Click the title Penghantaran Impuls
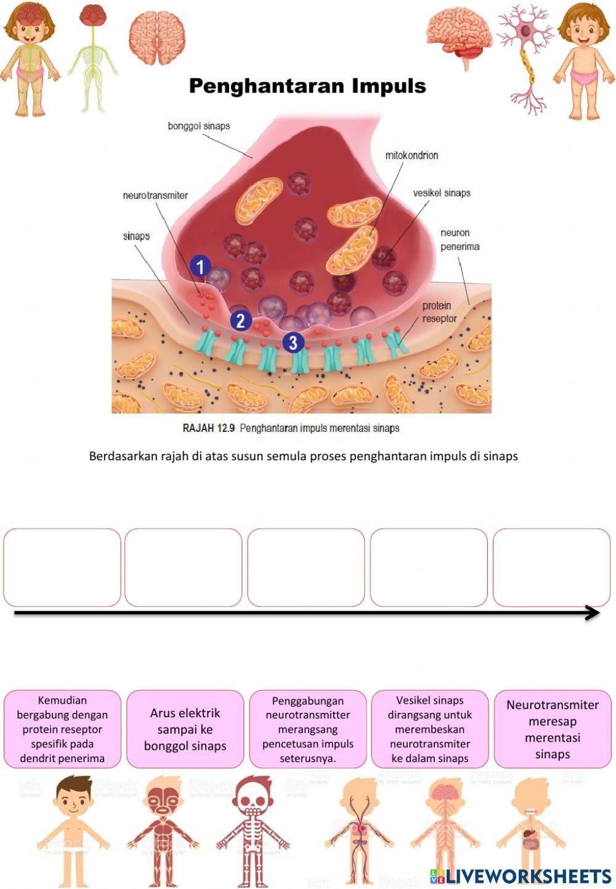click(307, 86)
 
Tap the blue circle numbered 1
click(200, 267)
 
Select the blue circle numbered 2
click(240, 320)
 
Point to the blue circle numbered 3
click(293, 343)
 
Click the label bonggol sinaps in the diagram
click(198, 126)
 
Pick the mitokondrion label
click(411, 155)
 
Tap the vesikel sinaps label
click(441, 193)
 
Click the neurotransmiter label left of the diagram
click(155, 195)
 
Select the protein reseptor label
click(439, 312)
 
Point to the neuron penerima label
click(460, 240)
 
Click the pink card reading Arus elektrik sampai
click(185, 729)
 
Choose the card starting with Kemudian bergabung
click(62, 729)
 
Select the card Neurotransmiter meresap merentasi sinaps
click(553, 729)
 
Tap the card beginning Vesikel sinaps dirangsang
click(430, 729)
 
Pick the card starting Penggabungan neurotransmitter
click(307, 729)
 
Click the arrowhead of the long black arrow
click(593, 613)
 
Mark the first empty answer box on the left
click(62, 567)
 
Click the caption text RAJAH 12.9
click(208, 428)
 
